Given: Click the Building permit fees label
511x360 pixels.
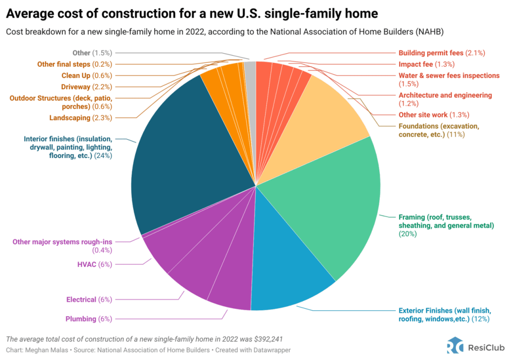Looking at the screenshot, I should click(442, 52).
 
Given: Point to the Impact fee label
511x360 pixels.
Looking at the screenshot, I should click(426, 64).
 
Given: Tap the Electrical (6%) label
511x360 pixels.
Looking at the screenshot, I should click(89, 300).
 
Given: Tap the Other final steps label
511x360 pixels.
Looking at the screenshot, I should click(75, 64).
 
